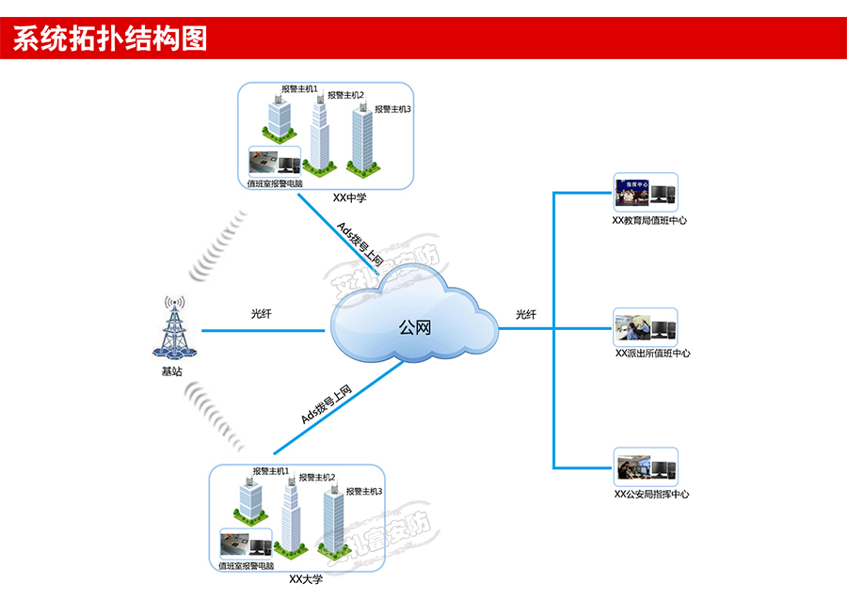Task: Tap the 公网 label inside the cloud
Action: pyautogui.click(x=415, y=328)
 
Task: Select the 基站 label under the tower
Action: pyautogui.click(x=172, y=371)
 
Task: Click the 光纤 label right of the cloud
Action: pyautogui.click(x=526, y=314)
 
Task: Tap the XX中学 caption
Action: pyautogui.click(x=349, y=198)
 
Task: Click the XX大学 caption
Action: pyautogui.click(x=306, y=579)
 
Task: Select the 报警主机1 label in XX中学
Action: pyautogui.click(x=299, y=89)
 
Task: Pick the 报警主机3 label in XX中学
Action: pyautogui.click(x=392, y=109)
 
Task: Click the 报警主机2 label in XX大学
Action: pyautogui.click(x=317, y=478)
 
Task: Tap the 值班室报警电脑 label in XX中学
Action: pyautogui.click(x=275, y=184)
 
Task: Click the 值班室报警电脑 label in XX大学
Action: pyautogui.click(x=247, y=566)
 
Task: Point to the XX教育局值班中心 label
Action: pyautogui.click(x=649, y=221)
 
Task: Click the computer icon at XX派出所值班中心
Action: pyautogui.click(x=663, y=328)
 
